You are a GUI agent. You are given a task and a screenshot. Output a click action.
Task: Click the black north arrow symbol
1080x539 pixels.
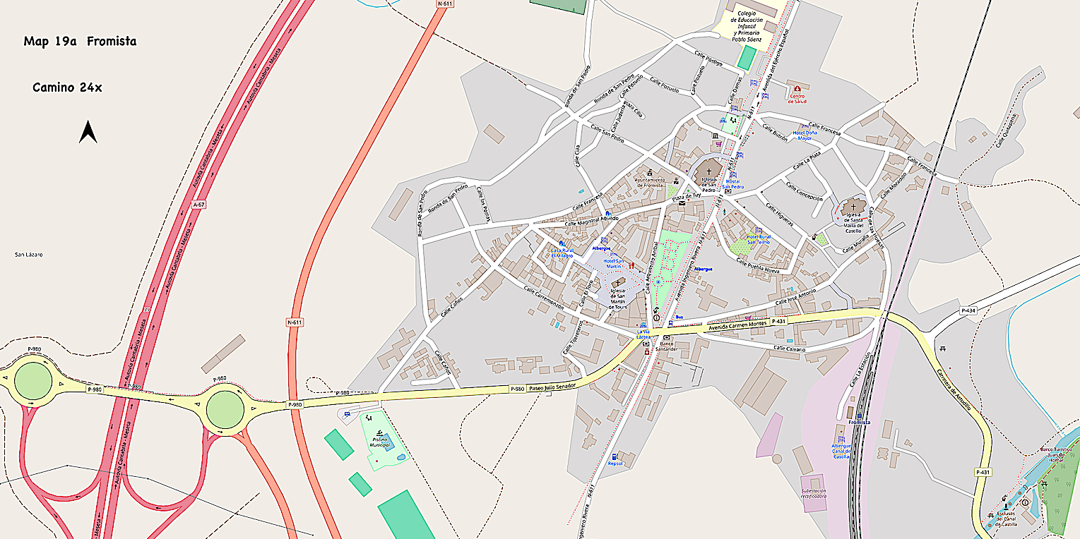click(88, 132)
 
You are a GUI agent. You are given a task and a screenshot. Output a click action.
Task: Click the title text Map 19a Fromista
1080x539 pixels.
click(80, 42)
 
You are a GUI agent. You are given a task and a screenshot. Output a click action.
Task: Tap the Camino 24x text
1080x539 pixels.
click(67, 87)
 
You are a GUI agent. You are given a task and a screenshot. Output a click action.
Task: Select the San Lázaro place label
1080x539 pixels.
click(29, 254)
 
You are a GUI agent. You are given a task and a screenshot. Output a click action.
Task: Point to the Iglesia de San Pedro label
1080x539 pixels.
click(709, 186)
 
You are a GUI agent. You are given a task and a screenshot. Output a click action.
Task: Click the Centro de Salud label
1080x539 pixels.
click(797, 98)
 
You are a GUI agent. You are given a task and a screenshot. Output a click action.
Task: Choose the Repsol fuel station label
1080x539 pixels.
click(615, 464)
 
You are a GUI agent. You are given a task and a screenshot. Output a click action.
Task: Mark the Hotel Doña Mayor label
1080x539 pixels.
click(805, 135)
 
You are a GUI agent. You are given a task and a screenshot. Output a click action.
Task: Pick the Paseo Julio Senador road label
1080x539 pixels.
click(552, 387)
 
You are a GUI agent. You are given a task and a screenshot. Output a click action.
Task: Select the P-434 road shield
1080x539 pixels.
click(968, 310)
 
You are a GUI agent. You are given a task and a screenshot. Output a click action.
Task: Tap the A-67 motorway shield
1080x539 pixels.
click(200, 205)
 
